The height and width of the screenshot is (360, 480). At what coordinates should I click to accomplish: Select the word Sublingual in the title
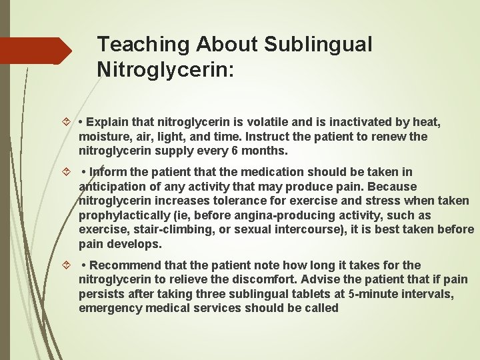pyautogui.click(x=318, y=45)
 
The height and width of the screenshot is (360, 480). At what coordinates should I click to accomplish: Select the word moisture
pyautogui.click(x=103, y=137)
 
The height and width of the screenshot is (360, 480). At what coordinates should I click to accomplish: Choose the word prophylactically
pyautogui.click(x=124, y=215)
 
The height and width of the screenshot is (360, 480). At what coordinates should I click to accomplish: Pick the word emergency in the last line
pyautogui.click(x=107, y=308)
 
